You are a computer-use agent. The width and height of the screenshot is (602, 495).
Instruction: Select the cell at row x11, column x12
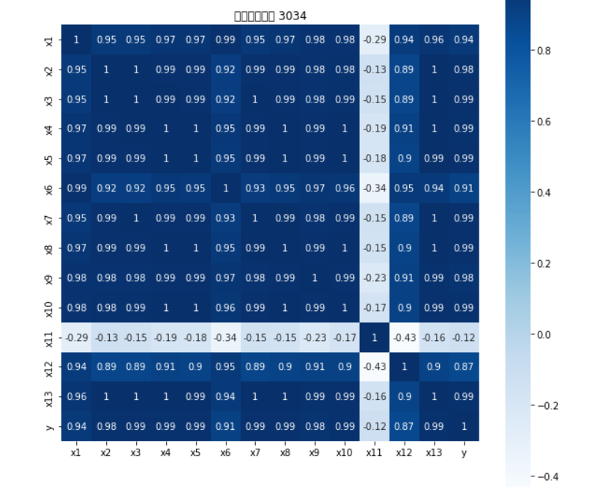pyautogui.click(x=405, y=337)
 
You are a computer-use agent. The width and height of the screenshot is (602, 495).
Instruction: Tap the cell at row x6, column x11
pyautogui.click(x=375, y=188)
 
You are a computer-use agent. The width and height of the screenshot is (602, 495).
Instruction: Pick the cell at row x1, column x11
pyautogui.click(x=375, y=40)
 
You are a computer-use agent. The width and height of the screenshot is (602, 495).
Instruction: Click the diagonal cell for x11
pyautogui.click(x=375, y=337)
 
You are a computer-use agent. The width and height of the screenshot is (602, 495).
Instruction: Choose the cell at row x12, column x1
pyautogui.click(x=75, y=366)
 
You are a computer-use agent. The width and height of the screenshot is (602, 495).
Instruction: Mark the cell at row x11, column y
pyautogui.click(x=464, y=337)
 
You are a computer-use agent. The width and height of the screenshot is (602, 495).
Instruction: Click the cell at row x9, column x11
pyautogui.click(x=375, y=277)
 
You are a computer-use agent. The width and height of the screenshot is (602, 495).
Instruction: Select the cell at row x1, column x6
pyautogui.click(x=224, y=40)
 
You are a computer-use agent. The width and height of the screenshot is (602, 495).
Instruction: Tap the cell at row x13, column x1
pyautogui.click(x=75, y=396)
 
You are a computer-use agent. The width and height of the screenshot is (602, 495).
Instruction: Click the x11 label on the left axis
pyautogui.click(x=49, y=337)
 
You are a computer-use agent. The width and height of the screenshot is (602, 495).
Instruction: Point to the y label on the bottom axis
pyautogui.click(x=464, y=452)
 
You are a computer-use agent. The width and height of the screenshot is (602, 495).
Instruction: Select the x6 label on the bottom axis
pyautogui.click(x=224, y=452)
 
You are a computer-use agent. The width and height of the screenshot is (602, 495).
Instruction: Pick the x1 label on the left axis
pyautogui.click(x=49, y=40)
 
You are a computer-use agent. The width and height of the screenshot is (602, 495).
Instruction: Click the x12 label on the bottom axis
pyautogui.click(x=405, y=452)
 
